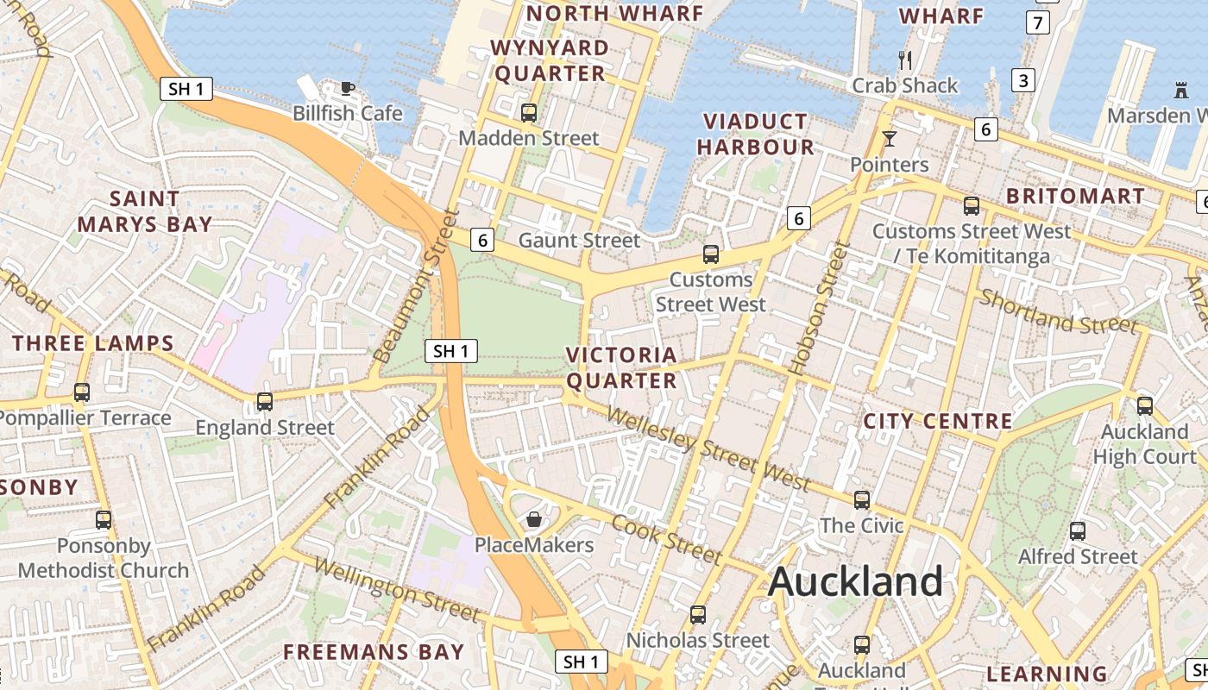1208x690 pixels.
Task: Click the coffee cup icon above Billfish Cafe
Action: (x=347, y=88)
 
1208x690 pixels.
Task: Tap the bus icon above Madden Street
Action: (x=529, y=112)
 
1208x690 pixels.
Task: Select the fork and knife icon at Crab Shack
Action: (x=905, y=60)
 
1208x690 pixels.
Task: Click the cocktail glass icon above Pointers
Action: (x=890, y=139)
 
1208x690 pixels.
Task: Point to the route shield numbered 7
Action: (x=1038, y=22)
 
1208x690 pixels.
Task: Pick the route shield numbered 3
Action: (x=1023, y=80)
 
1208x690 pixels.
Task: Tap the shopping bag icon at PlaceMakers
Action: (x=534, y=519)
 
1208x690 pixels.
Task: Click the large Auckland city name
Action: (x=855, y=581)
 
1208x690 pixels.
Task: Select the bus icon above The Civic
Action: (x=862, y=500)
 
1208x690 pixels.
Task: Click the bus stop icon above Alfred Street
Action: (x=1078, y=531)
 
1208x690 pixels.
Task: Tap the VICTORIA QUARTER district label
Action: (x=621, y=367)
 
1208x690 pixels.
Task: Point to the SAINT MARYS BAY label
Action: (x=144, y=211)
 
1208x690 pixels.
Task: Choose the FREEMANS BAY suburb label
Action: (x=374, y=652)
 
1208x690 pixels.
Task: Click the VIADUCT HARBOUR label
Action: (x=755, y=134)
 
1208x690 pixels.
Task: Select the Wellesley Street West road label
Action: (x=708, y=448)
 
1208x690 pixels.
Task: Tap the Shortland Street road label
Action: (x=1058, y=311)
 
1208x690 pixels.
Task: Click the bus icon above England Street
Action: (x=265, y=402)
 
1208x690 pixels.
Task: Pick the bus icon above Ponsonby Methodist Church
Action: (x=104, y=520)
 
